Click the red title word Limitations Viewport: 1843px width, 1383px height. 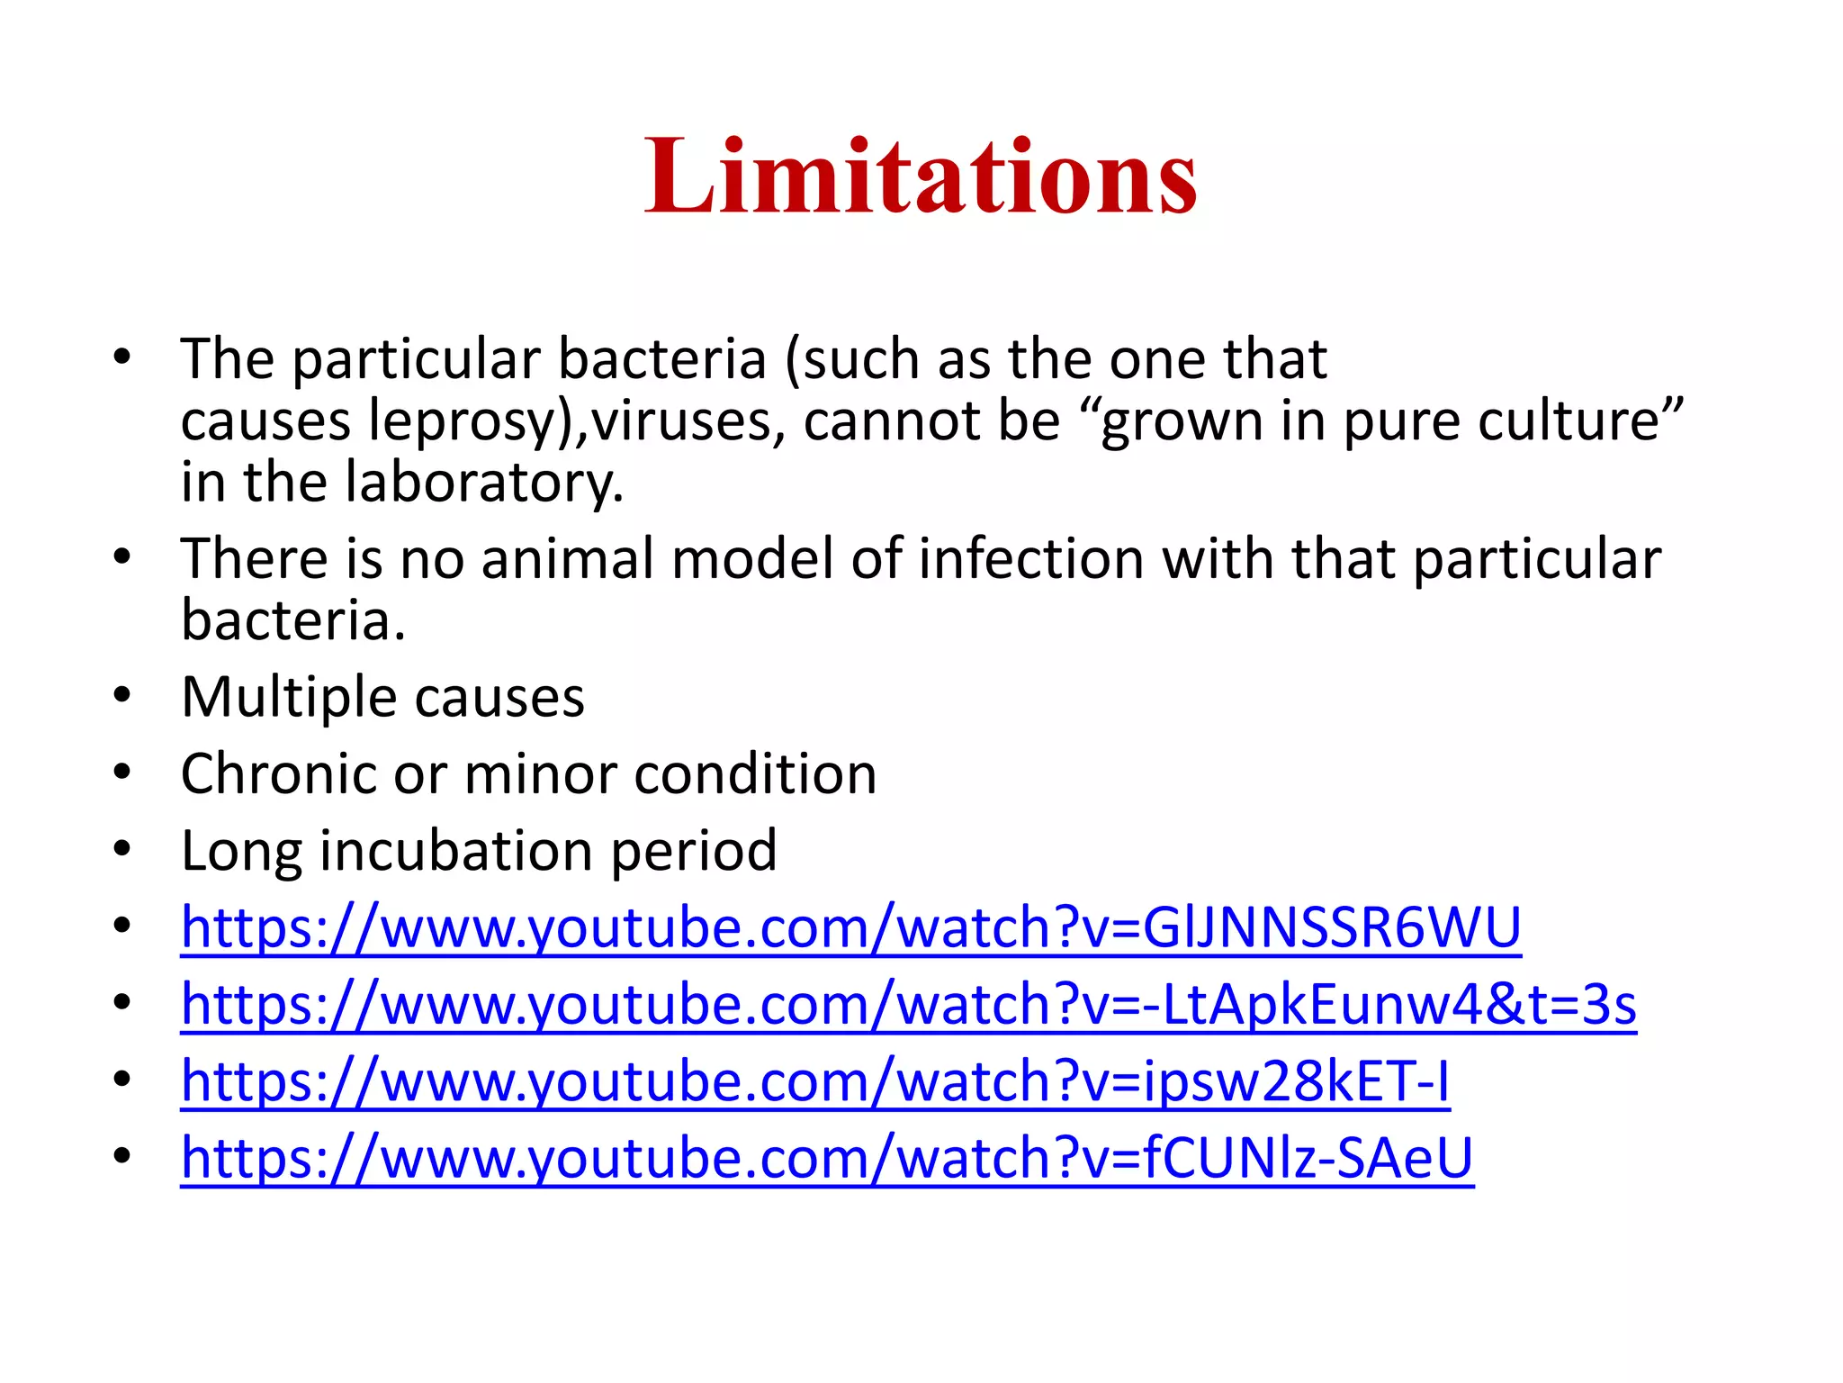(920, 176)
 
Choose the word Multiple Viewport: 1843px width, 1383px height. (289, 698)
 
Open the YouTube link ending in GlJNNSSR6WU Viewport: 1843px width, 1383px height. (850, 927)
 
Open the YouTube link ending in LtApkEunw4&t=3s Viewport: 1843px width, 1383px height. (908, 1004)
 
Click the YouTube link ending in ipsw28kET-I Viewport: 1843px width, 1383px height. (815, 1080)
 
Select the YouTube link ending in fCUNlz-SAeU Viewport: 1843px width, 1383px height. (827, 1157)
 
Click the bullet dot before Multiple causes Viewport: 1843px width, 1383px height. (122, 695)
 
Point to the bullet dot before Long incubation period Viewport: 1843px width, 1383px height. (122, 848)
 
